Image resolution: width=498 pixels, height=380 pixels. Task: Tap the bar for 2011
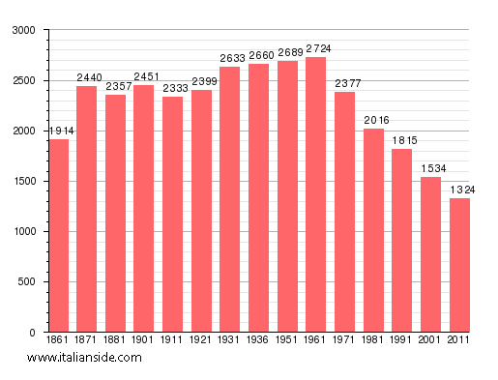[459, 265]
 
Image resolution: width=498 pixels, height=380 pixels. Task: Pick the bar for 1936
[258, 197]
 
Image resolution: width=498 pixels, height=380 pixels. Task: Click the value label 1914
[59, 131]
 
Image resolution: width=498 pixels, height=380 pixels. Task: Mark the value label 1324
[461, 190]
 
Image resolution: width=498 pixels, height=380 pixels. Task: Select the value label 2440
[89, 77]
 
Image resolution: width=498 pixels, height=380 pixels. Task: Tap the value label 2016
[374, 120]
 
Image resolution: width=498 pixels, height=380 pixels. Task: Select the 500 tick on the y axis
[26, 282]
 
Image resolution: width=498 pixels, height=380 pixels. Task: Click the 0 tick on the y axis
[33, 333]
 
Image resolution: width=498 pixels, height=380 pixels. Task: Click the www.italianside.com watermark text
[84, 358]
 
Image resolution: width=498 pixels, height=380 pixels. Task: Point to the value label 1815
[402, 140]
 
